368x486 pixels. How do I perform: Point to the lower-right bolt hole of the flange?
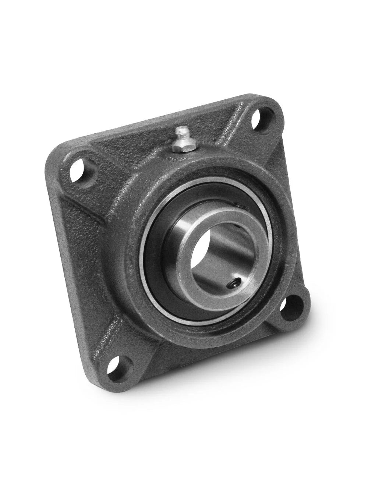297,307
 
